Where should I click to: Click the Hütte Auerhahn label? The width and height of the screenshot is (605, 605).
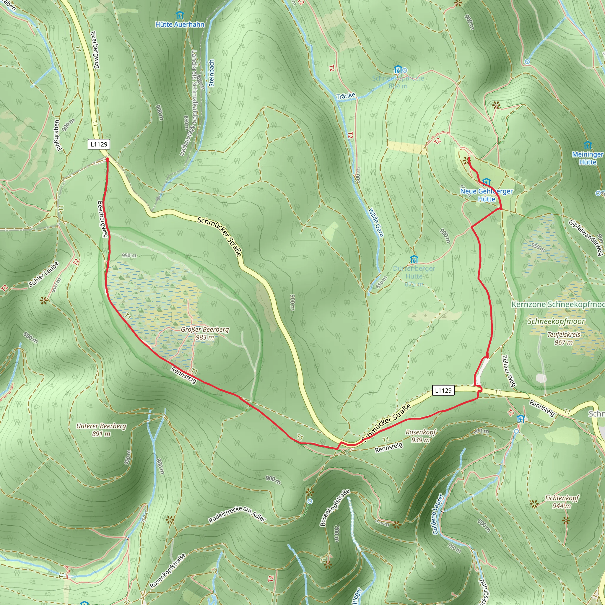[180, 25]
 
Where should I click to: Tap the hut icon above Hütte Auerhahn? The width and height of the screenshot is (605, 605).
[179, 15]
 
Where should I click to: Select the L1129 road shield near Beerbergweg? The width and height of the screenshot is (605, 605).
[99, 144]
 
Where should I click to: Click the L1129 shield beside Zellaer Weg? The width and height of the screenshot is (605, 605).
[443, 391]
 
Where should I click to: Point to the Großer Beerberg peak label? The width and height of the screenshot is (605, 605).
[205, 333]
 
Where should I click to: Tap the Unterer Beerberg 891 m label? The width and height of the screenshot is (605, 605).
[101, 430]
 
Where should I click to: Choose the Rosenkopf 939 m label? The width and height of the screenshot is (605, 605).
[421, 436]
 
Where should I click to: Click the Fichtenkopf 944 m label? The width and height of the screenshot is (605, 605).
[562, 502]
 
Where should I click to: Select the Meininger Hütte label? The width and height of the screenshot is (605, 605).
[588, 158]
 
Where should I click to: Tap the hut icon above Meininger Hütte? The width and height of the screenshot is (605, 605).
[588, 145]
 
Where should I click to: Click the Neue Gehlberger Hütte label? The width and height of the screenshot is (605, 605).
[486, 195]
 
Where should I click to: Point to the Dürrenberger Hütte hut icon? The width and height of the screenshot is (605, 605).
[414, 260]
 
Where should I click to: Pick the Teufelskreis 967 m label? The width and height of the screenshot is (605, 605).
[564, 338]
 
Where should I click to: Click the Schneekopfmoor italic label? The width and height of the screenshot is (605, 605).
[556, 321]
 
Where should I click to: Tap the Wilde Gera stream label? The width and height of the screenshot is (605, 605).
[376, 222]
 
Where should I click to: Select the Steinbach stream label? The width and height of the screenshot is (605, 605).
[212, 73]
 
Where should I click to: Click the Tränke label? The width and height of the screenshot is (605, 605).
[346, 95]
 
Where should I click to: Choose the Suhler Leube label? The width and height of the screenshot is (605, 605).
[44, 275]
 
